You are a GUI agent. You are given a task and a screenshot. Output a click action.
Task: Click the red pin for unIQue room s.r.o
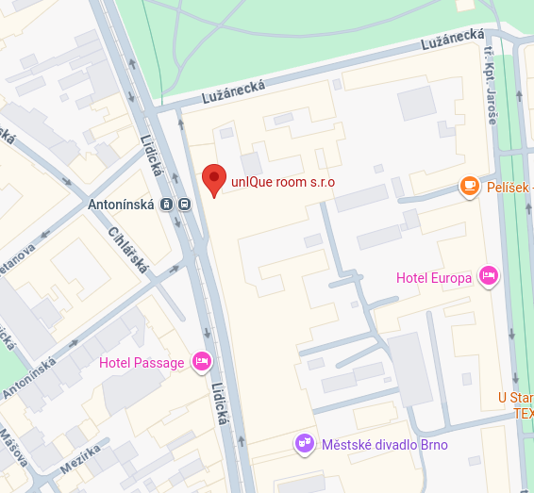215,179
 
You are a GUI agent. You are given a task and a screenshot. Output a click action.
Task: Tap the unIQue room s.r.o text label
282,182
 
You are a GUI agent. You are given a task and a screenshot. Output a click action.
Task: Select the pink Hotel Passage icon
202,362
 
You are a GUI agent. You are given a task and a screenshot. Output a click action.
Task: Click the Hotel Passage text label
142,362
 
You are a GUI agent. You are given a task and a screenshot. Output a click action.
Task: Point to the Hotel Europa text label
433,277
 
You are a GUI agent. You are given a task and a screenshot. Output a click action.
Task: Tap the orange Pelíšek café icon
468,187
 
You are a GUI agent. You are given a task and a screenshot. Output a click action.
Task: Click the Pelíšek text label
509,188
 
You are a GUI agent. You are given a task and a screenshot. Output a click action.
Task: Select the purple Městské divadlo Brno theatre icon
304,442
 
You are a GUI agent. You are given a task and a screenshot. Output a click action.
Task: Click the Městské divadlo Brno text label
384,444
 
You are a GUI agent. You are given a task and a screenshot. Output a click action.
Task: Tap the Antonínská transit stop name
122,204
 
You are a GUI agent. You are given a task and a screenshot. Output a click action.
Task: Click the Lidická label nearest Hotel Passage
221,403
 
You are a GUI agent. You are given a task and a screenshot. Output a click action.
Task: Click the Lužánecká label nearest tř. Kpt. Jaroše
454,39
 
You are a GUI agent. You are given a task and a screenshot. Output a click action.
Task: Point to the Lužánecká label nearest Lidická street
233,90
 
